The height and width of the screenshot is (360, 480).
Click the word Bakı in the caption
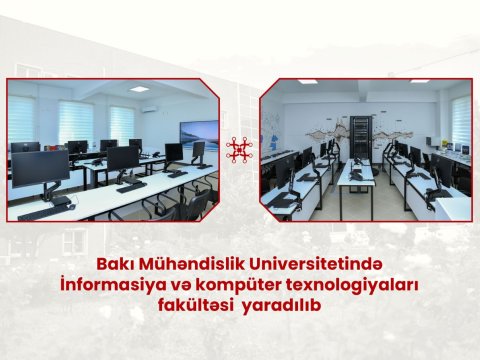[x=112, y=265]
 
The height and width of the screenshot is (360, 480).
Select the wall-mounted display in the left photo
[x=199, y=133]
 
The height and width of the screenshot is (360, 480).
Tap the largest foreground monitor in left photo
[x=40, y=169]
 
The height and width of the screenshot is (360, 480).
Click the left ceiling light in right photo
[x=307, y=82]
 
